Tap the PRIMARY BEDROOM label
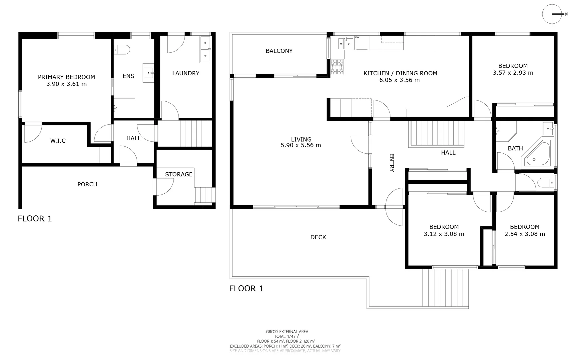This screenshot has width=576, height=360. tap(66, 77)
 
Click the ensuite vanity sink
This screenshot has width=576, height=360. tap(149, 73)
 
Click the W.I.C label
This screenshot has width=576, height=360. tap(58, 141)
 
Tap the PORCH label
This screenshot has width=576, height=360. tap(87, 184)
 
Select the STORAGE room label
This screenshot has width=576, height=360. tap(179, 174)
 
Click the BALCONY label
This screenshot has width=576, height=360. tap(279, 51)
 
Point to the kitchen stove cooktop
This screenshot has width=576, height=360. tap(337, 67)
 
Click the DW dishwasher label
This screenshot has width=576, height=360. tap(357, 37)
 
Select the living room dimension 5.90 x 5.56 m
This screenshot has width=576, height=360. tap(301, 145)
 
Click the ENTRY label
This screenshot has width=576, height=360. tap(392, 163)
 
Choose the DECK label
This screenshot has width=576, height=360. tap(318, 237)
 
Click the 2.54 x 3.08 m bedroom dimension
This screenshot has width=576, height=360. tap(525, 234)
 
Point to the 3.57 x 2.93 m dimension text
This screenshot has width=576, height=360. tap(513, 73)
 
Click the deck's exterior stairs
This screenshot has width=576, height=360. tap(446, 287)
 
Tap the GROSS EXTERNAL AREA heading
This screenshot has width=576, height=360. tap(287, 332)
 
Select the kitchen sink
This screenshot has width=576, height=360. tap(346, 43)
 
